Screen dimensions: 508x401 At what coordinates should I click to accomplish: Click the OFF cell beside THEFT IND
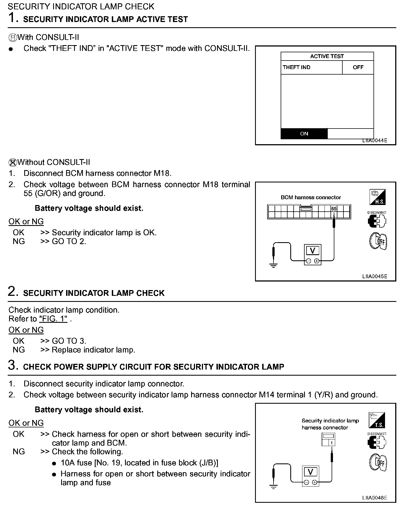tap(358, 67)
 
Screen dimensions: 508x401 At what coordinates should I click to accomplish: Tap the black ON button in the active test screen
tap(304, 134)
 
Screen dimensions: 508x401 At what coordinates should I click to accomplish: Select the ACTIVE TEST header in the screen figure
tap(327, 56)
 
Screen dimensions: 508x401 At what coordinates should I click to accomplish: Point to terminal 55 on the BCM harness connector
tap(334, 209)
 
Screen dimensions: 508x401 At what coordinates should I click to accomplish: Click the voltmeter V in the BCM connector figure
tap(313, 251)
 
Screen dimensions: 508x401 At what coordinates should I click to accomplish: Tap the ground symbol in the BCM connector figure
tap(273, 265)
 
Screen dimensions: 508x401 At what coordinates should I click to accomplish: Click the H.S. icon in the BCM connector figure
tap(377, 197)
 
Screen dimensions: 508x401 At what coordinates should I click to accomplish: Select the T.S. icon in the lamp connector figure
tap(377, 420)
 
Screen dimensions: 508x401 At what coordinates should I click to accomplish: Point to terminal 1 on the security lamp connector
tap(332, 443)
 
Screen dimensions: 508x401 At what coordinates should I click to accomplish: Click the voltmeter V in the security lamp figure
tap(310, 472)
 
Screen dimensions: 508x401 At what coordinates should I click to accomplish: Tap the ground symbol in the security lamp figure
tap(273, 487)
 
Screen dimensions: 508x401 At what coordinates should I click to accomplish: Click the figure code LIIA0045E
tap(375, 276)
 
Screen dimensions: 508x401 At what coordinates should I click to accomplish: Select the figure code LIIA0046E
tap(375, 498)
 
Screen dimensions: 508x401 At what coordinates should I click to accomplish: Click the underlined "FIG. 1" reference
tap(53, 319)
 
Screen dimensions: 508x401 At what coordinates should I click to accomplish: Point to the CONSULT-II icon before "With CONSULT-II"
tap(13, 37)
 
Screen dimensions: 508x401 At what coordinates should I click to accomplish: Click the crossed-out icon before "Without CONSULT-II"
tap(13, 163)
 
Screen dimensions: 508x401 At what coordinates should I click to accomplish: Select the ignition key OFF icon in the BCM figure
tap(378, 241)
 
